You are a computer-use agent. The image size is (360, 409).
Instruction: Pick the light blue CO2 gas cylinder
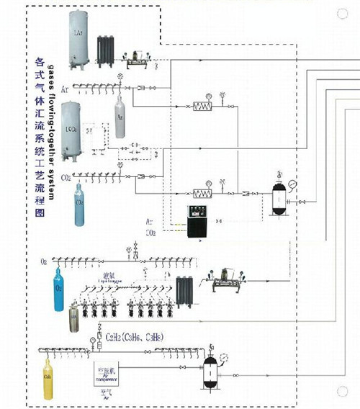[80, 207]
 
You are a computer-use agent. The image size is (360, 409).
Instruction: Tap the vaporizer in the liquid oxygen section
[183, 291]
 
